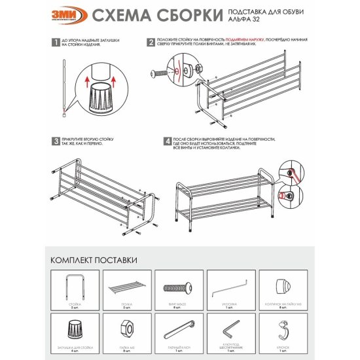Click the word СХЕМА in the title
(x=118, y=15)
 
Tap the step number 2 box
(x=151, y=43)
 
